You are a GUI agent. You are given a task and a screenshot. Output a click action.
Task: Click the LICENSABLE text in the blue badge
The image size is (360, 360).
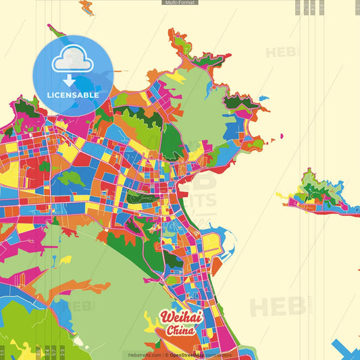(73, 95)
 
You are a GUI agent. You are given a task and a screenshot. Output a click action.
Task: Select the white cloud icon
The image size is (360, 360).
(72, 59)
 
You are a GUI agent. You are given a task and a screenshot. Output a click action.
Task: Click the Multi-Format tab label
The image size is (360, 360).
(180, 3)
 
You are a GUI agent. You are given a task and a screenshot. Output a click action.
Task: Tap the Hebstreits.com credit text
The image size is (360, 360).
(141, 355)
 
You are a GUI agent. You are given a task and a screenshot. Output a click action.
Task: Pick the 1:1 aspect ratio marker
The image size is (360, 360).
(3, 353)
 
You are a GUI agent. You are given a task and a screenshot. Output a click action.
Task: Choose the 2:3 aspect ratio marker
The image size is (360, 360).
(63, 353)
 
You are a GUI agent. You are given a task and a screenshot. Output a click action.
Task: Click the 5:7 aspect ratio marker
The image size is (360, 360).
(54, 353)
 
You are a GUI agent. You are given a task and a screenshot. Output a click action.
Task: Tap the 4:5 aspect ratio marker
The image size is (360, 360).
(37, 353)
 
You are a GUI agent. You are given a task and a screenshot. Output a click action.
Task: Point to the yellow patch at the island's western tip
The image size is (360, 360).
(281, 195)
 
